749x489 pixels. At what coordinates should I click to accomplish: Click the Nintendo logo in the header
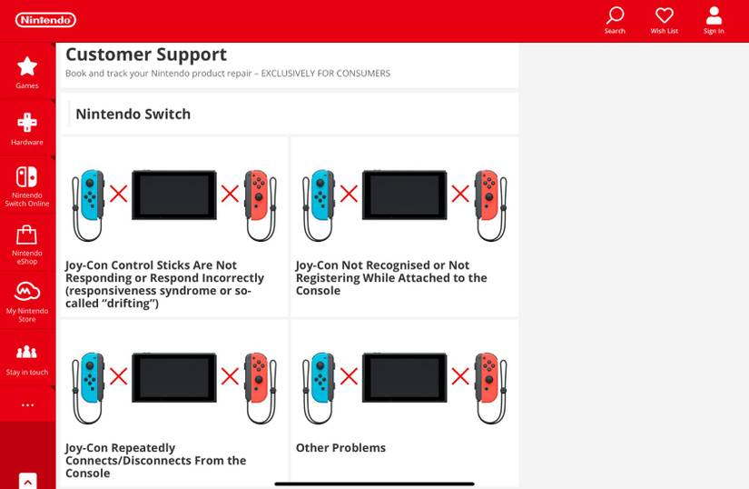[x=45, y=20]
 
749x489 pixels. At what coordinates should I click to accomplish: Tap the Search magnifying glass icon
[x=615, y=15]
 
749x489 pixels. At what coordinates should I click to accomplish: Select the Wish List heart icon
[x=664, y=15]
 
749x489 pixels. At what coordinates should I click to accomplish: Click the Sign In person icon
[x=714, y=15]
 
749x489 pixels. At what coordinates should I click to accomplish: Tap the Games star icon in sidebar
[x=27, y=66]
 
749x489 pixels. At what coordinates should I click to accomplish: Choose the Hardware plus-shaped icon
[x=27, y=123]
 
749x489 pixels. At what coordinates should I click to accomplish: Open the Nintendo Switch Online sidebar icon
[x=26, y=177]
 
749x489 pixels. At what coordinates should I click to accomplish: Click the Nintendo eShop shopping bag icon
[x=26, y=235]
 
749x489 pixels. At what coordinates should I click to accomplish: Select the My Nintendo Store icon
[x=27, y=292]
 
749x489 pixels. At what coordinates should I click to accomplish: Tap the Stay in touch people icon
[x=26, y=352]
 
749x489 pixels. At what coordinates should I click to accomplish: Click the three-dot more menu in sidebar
[x=27, y=405]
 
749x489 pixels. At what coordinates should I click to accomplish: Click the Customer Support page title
[x=146, y=55]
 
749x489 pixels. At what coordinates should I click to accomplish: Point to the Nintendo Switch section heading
[x=133, y=115]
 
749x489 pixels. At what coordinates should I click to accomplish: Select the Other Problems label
[x=340, y=448]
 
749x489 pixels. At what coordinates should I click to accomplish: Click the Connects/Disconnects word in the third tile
[x=144, y=461]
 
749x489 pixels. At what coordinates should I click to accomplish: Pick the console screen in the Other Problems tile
[x=405, y=377]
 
